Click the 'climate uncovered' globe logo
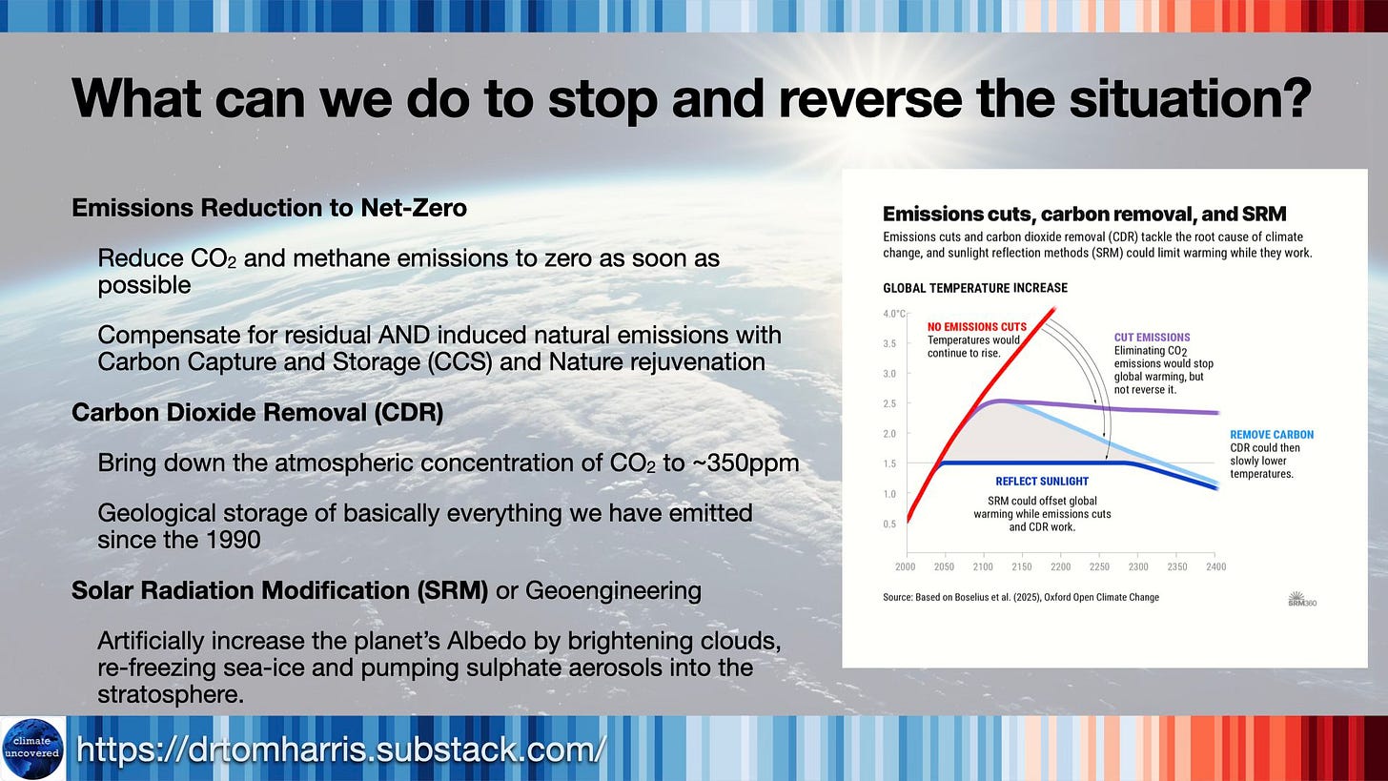point(32,749)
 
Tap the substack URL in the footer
point(341,750)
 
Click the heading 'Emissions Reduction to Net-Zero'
point(269,208)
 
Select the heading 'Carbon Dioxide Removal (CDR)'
point(257,413)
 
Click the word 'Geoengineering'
point(614,590)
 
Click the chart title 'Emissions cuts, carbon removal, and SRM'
point(1085,215)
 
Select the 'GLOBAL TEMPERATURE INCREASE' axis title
point(975,288)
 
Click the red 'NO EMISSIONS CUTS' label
point(976,327)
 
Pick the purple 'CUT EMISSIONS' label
point(1152,338)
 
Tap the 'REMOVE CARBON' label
point(1272,435)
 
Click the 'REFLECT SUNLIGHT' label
point(1042,482)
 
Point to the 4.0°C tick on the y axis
point(894,314)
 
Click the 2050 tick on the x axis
point(944,566)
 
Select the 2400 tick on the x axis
point(1215,566)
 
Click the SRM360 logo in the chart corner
point(1302,600)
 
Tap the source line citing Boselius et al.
point(1021,598)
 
